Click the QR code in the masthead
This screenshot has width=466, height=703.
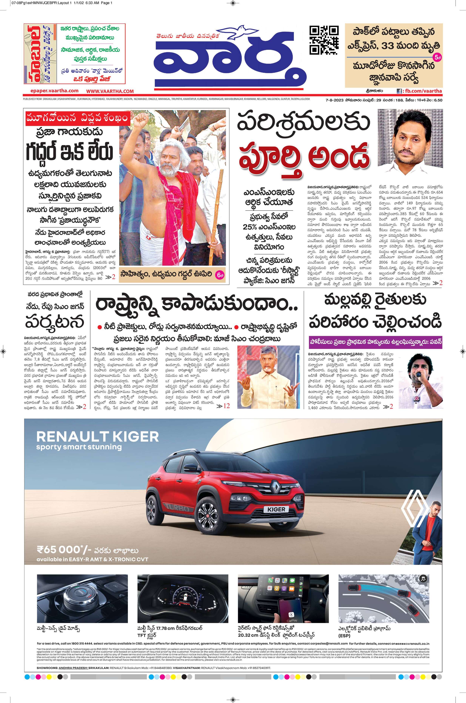[x=324, y=40]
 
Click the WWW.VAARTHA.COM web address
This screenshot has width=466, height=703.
[x=110, y=91]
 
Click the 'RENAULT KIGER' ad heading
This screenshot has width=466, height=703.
[x=97, y=437]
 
